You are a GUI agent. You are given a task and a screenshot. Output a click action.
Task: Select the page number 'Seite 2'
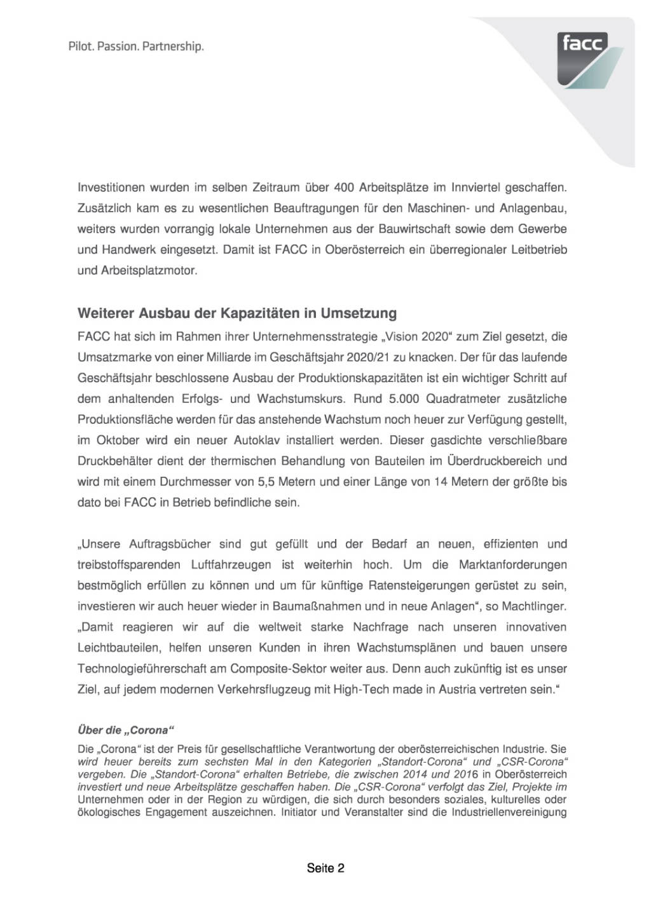coord(325,868)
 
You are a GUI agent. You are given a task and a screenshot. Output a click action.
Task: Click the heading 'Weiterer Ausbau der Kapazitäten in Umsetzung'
coord(236,313)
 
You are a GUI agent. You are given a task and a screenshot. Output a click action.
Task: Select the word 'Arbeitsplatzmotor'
coord(136,270)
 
